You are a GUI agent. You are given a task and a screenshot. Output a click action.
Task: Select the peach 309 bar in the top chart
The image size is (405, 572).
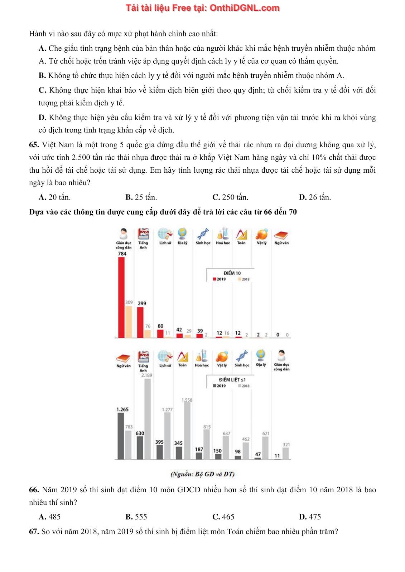point(128,321)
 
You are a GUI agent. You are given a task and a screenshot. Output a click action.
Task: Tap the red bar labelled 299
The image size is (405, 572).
point(140,322)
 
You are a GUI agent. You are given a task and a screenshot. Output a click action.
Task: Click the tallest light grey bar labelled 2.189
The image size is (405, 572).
point(148,419)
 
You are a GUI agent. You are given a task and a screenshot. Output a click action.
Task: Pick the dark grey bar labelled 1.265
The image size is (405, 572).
point(121,436)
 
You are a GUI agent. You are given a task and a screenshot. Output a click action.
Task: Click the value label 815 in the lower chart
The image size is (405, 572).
point(207,427)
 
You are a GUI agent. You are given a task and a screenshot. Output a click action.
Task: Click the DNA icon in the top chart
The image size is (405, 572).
point(203,234)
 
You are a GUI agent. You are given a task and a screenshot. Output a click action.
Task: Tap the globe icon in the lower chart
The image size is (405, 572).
point(261,356)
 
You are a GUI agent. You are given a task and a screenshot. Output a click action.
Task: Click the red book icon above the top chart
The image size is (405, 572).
point(281,235)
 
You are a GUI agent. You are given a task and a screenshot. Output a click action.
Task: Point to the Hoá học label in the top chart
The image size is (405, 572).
point(223,243)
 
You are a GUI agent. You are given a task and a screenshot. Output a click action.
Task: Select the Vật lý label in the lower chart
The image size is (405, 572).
point(222,365)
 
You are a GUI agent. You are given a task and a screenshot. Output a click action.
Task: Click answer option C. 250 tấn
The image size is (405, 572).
point(230,197)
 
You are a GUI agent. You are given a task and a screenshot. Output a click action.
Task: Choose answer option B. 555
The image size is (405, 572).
point(136,517)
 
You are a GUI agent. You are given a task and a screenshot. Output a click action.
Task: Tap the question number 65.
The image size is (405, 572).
point(34,145)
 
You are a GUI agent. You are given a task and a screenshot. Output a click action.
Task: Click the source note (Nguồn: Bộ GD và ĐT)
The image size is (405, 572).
point(202,474)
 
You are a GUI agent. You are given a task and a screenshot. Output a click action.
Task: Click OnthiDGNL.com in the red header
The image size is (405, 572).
point(244,8)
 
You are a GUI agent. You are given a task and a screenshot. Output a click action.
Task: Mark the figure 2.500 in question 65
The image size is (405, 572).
point(81,158)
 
